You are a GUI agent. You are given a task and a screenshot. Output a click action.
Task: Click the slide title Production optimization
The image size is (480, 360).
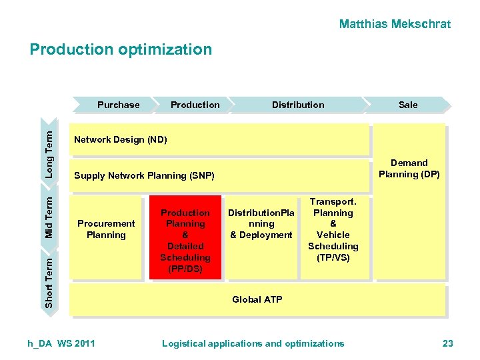click(x=121, y=50)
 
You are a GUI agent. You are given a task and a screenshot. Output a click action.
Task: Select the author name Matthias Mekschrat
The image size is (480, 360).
click(x=395, y=25)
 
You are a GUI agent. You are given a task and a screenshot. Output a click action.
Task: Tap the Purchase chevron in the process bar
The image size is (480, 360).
click(x=118, y=105)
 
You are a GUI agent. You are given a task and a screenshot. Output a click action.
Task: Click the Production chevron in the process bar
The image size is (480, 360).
click(x=195, y=105)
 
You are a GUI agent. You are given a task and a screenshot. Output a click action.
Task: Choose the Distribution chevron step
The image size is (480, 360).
click(x=298, y=105)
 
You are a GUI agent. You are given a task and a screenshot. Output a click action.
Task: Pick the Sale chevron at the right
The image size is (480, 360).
click(x=408, y=105)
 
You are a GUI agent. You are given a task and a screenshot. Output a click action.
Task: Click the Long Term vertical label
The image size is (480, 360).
click(x=49, y=153)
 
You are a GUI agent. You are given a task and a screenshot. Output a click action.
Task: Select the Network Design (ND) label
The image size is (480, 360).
click(x=121, y=140)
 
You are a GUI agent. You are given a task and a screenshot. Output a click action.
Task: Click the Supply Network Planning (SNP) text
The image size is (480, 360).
click(x=144, y=176)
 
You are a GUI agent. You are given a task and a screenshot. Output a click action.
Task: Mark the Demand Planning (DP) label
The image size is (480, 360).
click(x=409, y=169)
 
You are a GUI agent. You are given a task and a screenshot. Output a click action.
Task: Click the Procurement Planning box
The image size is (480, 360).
click(x=106, y=229)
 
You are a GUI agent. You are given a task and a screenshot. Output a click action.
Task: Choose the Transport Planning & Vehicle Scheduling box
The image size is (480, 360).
click(x=333, y=229)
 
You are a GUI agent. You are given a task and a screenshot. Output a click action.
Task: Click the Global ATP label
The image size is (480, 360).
click(x=257, y=299)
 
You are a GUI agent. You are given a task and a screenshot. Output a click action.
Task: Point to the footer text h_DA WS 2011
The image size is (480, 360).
click(x=61, y=343)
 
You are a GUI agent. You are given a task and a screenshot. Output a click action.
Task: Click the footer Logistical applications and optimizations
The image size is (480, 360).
click(x=253, y=343)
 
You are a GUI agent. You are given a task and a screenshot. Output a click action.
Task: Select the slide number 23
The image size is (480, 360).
click(x=447, y=343)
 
